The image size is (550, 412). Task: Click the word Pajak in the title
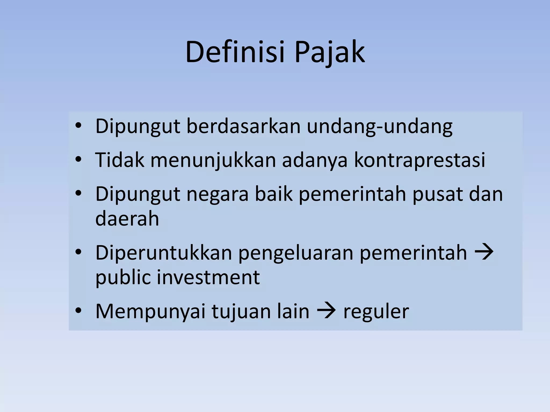point(330,53)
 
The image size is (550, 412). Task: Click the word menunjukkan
point(213,160)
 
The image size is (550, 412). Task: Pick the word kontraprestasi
point(419,160)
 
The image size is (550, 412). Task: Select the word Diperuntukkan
point(164,253)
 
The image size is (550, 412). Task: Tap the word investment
point(208,277)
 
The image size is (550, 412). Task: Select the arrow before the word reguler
point(326,311)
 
